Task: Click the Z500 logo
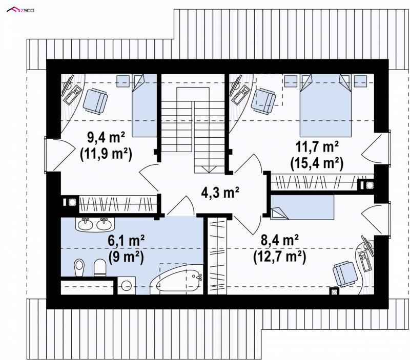tap(20, 10)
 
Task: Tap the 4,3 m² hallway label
tap(220, 193)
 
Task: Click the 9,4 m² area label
tap(106, 138)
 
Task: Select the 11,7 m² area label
tap(317, 147)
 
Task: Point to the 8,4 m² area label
tap(279, 240)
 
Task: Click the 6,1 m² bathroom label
tap(126, 241)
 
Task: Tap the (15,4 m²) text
tap(317, 163)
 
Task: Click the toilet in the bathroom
tap(99, 268)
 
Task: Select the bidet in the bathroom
tap(78, 267)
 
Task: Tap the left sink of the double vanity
tap(85, 224)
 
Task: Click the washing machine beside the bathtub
tap(127, 286)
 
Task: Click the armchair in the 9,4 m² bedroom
tap(95, 101)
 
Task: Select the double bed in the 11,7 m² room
tap(325, 105)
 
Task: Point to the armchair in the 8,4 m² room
tap(345, 274)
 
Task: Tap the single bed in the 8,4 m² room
tap(302, 207)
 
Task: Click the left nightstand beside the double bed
tap(291, 81)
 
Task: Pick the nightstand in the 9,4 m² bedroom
tap(122, 81)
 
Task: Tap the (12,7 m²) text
tap(279, 257)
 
